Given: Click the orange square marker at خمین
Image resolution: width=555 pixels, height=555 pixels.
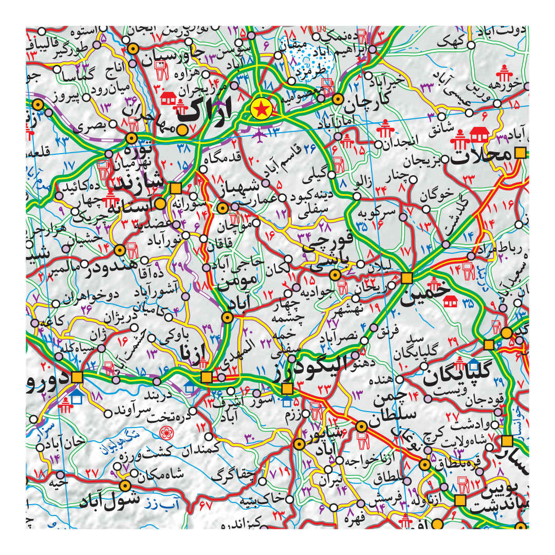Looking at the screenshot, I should (407, 278).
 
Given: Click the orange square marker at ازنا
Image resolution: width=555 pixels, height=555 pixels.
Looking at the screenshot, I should (207, 378).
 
